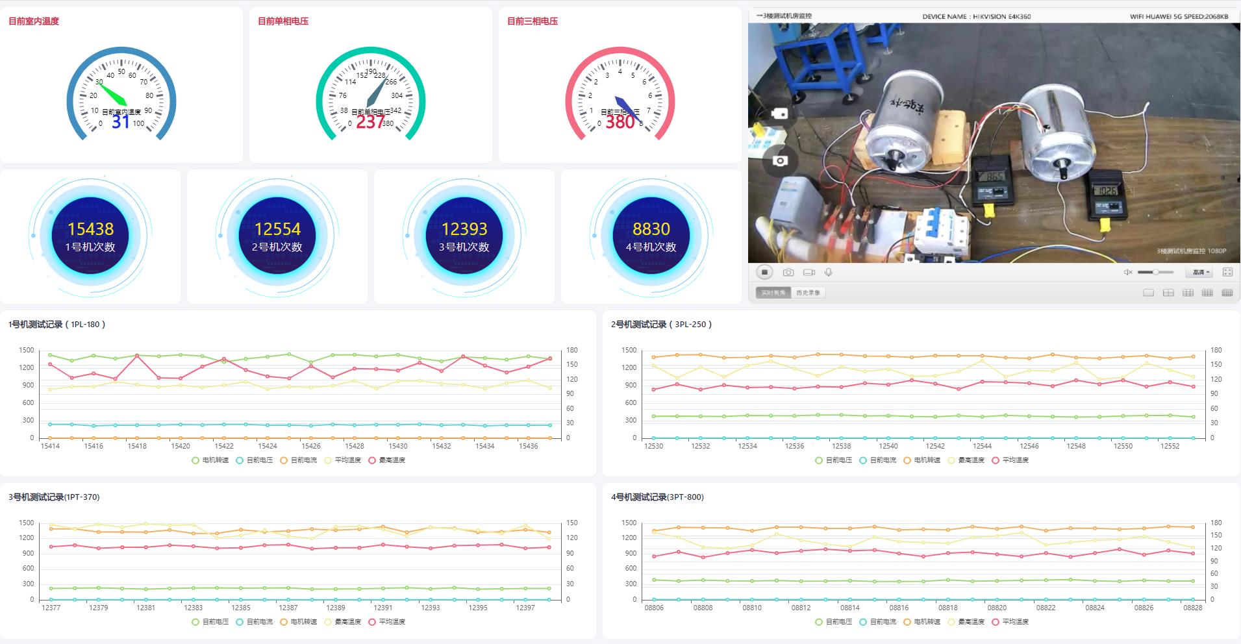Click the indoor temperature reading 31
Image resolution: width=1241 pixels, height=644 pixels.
(121, 121)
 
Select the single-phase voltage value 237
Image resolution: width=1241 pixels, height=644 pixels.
(370, 121)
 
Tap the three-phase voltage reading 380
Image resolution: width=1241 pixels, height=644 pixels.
(620, 121)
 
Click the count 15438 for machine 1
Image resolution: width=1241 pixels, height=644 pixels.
(90, 229)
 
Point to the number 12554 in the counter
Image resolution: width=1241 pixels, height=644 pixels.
(277, 229)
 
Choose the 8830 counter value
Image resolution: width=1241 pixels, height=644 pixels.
(651, 229)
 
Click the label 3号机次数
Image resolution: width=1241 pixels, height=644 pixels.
(464, 247)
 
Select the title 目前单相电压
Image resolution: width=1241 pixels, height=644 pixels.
(283, 21)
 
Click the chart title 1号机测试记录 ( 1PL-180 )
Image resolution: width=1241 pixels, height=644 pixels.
(56, 325)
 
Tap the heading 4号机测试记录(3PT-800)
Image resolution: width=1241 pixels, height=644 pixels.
(657, 497)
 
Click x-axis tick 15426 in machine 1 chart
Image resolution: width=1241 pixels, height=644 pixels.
(311, 447)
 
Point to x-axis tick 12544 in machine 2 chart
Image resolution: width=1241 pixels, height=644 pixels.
(982, 447)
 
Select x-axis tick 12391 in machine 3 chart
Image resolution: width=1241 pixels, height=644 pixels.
(382, 608)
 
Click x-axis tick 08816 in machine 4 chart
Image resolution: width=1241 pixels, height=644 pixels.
(899, 608)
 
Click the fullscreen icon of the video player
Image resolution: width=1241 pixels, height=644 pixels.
(1227, 272)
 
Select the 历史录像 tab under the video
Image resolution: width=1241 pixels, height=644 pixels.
(808, 293)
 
